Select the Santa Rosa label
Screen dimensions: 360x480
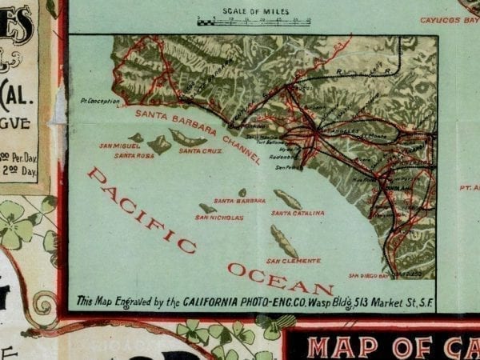pyautogui.click(x=130, y=156)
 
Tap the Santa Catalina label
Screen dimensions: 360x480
pyautogui.click(x=298, y=214)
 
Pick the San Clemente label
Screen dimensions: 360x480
pyautogui.click(x=294, y=261)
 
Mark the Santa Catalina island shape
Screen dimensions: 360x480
pyautogui.click(x=287, y=199)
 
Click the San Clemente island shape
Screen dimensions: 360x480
pyautogui.click(x=283, y=241)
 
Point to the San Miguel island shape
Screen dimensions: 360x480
pyautogui.click(x=137, y=138)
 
